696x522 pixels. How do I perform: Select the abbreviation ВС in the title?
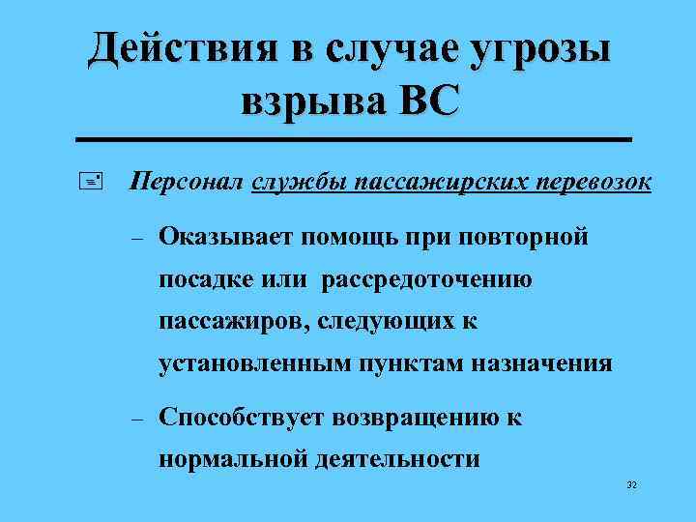point(422,101)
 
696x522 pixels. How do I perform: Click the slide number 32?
point(633,484)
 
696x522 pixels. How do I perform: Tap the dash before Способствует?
point(136,420)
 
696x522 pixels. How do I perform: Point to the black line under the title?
point(359,141)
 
